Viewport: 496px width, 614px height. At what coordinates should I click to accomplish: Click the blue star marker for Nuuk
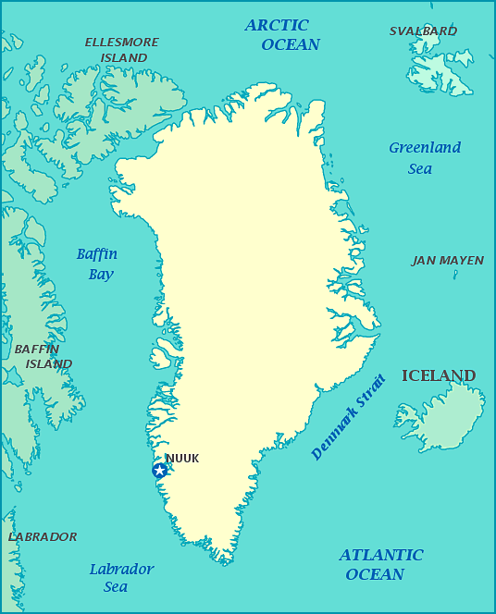159,471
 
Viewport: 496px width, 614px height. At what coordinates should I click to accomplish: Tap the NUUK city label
182,459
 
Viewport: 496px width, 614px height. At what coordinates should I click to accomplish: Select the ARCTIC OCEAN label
282,35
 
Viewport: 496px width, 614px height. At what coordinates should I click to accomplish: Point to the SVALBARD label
423,31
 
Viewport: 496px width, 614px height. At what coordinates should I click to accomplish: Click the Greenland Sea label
424,158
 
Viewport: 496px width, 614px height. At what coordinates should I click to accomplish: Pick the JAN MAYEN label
447,261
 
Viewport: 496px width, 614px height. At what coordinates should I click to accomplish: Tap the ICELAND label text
439,375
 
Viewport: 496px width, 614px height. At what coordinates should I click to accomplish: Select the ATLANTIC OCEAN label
379,565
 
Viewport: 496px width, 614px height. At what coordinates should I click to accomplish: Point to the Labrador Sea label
120,578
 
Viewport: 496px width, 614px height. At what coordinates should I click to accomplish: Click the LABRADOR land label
43,537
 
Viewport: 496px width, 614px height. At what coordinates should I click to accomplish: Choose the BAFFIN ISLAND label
42,357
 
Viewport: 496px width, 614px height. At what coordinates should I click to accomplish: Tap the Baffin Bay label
97,264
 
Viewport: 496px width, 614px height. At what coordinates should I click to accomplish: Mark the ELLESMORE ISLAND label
121,50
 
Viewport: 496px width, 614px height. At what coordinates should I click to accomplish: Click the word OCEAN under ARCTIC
291,45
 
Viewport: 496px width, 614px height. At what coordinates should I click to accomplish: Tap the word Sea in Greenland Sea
420,169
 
